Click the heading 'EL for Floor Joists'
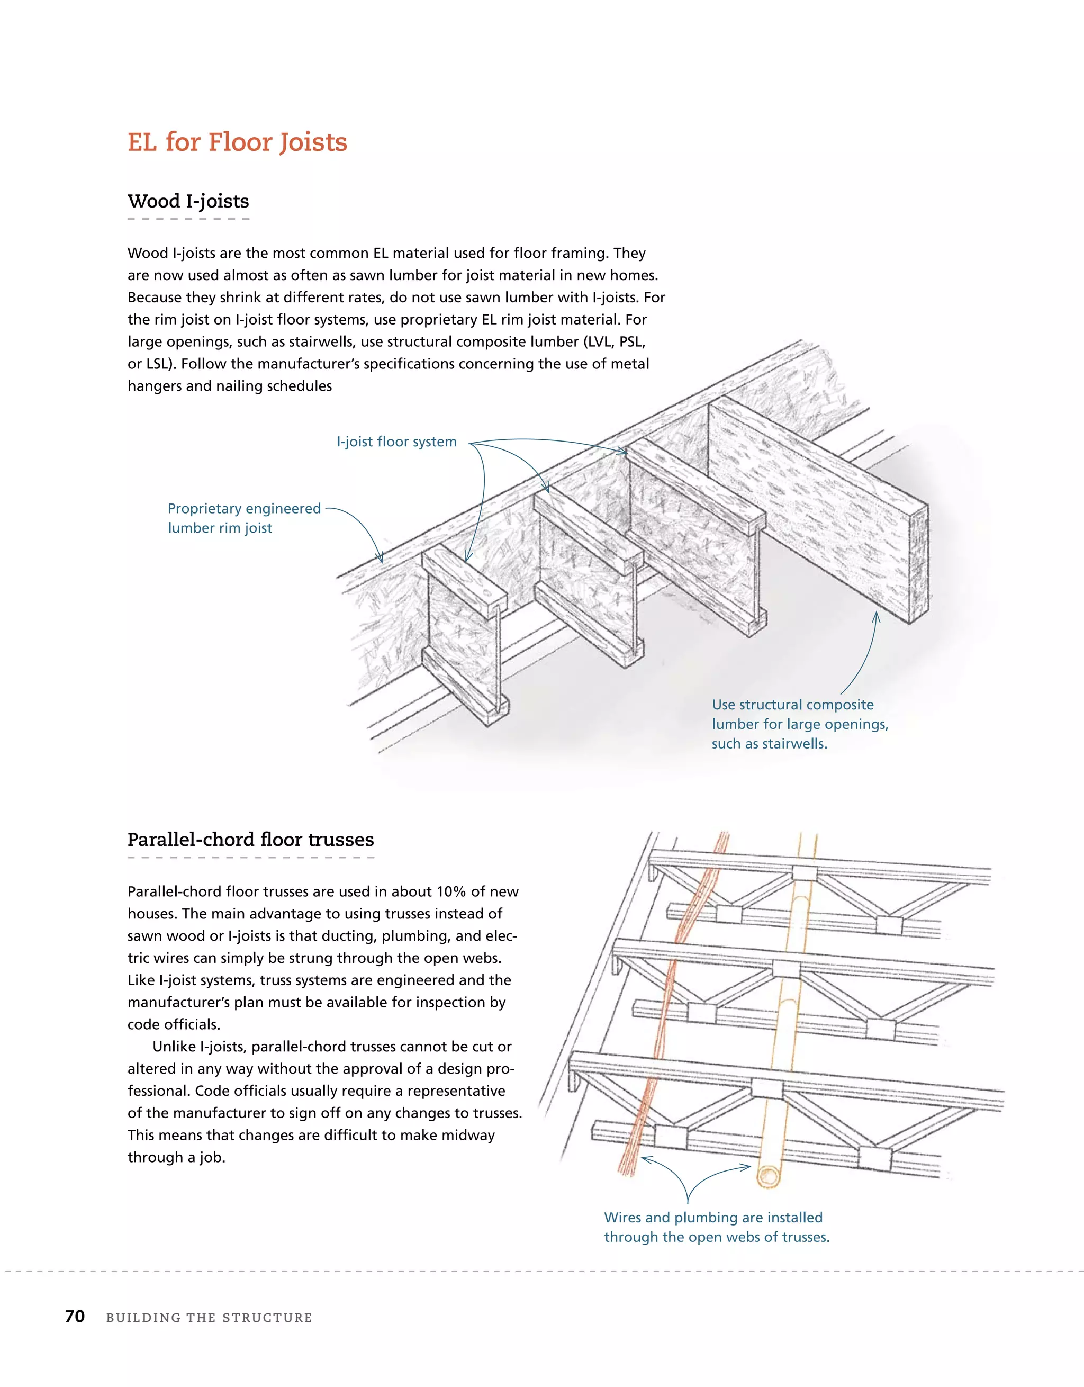237,142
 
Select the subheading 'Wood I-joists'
188,201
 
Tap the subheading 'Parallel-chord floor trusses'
250,840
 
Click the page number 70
75,1317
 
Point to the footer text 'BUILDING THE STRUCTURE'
209,1318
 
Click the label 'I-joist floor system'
396,442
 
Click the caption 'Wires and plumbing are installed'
712,1218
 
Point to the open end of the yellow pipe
770,1176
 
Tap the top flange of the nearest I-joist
464,579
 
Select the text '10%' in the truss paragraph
451,891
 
